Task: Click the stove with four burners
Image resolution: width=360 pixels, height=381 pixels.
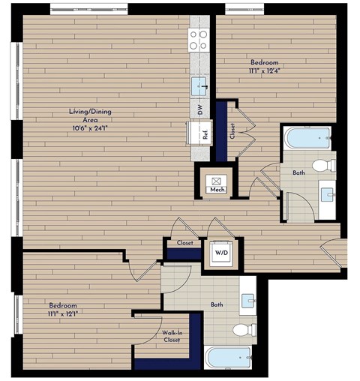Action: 199,39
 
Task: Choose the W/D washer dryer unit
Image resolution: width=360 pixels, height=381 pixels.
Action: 223,253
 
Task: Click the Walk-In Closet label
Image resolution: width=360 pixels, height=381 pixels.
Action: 174,337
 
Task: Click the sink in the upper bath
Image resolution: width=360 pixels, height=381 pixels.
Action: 328,195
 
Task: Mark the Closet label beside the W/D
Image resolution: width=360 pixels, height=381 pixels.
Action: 184,243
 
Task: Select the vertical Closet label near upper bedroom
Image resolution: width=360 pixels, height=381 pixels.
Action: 233,132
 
